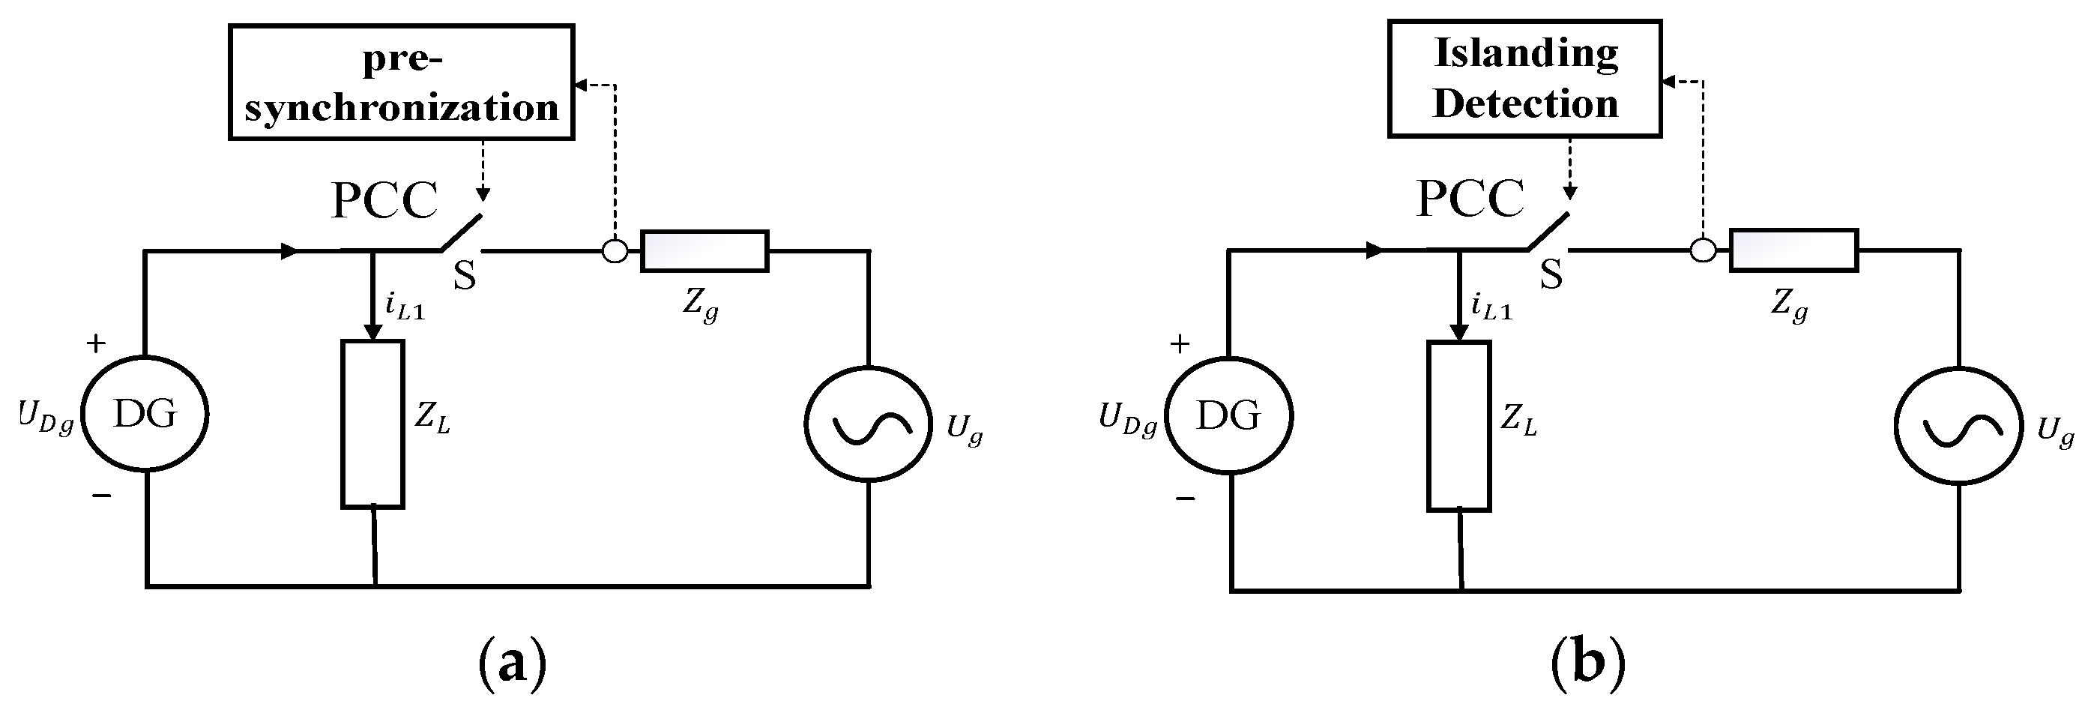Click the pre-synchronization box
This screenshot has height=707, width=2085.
click(402, 82)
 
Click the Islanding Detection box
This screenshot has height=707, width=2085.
click(1525, 79)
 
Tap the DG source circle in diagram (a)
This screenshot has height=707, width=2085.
click(145, 415)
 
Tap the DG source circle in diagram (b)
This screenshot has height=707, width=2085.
click(1228, 415)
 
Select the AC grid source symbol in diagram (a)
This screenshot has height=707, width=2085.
click(869, 424)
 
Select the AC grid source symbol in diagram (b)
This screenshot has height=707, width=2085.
click(1959, 426)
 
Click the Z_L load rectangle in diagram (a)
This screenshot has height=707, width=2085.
click(372, 424)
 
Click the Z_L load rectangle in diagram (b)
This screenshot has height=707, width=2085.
click(1458, 426)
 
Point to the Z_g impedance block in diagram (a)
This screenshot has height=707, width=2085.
click(704, 250)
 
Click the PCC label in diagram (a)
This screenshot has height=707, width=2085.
click(384, 200)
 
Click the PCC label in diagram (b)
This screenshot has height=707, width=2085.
click(1470, 198)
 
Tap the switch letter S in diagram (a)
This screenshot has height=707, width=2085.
click(464, 275)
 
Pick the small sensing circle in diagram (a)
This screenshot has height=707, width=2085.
click(615, 251)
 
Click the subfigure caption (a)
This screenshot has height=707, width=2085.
click(513, 664)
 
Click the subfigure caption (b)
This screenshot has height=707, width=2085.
click(1588, 664)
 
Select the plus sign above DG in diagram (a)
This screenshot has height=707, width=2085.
click(97, 343)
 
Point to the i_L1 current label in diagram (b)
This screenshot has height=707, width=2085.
click(1491, 307)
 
